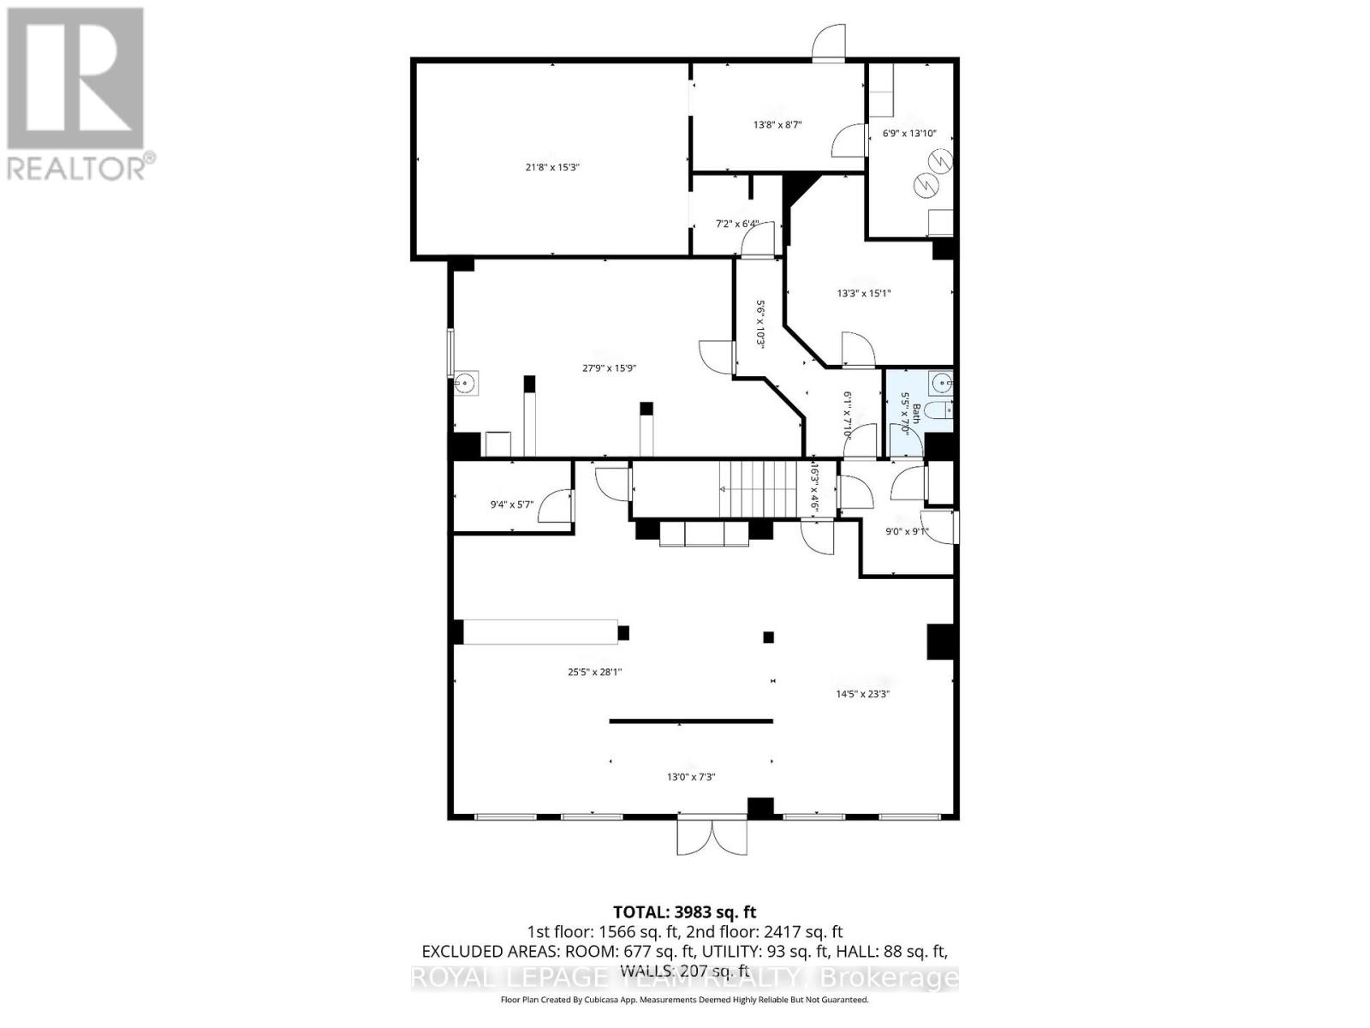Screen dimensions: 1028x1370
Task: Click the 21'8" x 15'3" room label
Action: click(x=552, y=168)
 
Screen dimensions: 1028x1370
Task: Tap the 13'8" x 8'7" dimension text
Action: click(x=777, y=125)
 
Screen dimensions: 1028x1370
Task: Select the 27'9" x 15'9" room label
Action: click(x=609, y=368)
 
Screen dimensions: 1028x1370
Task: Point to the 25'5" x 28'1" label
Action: click(x=594, y=672)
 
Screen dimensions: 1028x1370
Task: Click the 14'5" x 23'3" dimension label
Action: click(x=862, y=695)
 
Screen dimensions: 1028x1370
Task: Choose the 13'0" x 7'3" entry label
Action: click(x=690, y=778)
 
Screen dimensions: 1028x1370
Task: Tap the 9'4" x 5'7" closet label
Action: click(x=511, y=505)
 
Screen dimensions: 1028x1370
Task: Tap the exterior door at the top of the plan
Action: click(x=829, y=43)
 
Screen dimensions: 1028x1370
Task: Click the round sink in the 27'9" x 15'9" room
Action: click(x=465, y=383)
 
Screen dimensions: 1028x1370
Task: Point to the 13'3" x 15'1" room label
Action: click(x=864, y=294)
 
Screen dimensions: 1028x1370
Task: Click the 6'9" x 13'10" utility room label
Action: click(x=908, y=134)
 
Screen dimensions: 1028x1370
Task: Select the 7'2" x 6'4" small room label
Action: click(x=737, y=224)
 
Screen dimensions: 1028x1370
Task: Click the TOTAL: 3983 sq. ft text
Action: click(x=684, y=912)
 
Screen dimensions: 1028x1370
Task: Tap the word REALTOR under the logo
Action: click(x=77, y=166)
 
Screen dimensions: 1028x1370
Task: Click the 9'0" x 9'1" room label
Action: click(x=906, y=532)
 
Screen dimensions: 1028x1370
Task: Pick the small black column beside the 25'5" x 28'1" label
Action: click(x=623, y=633)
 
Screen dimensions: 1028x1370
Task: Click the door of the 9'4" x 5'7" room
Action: click(x=553, y=505)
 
